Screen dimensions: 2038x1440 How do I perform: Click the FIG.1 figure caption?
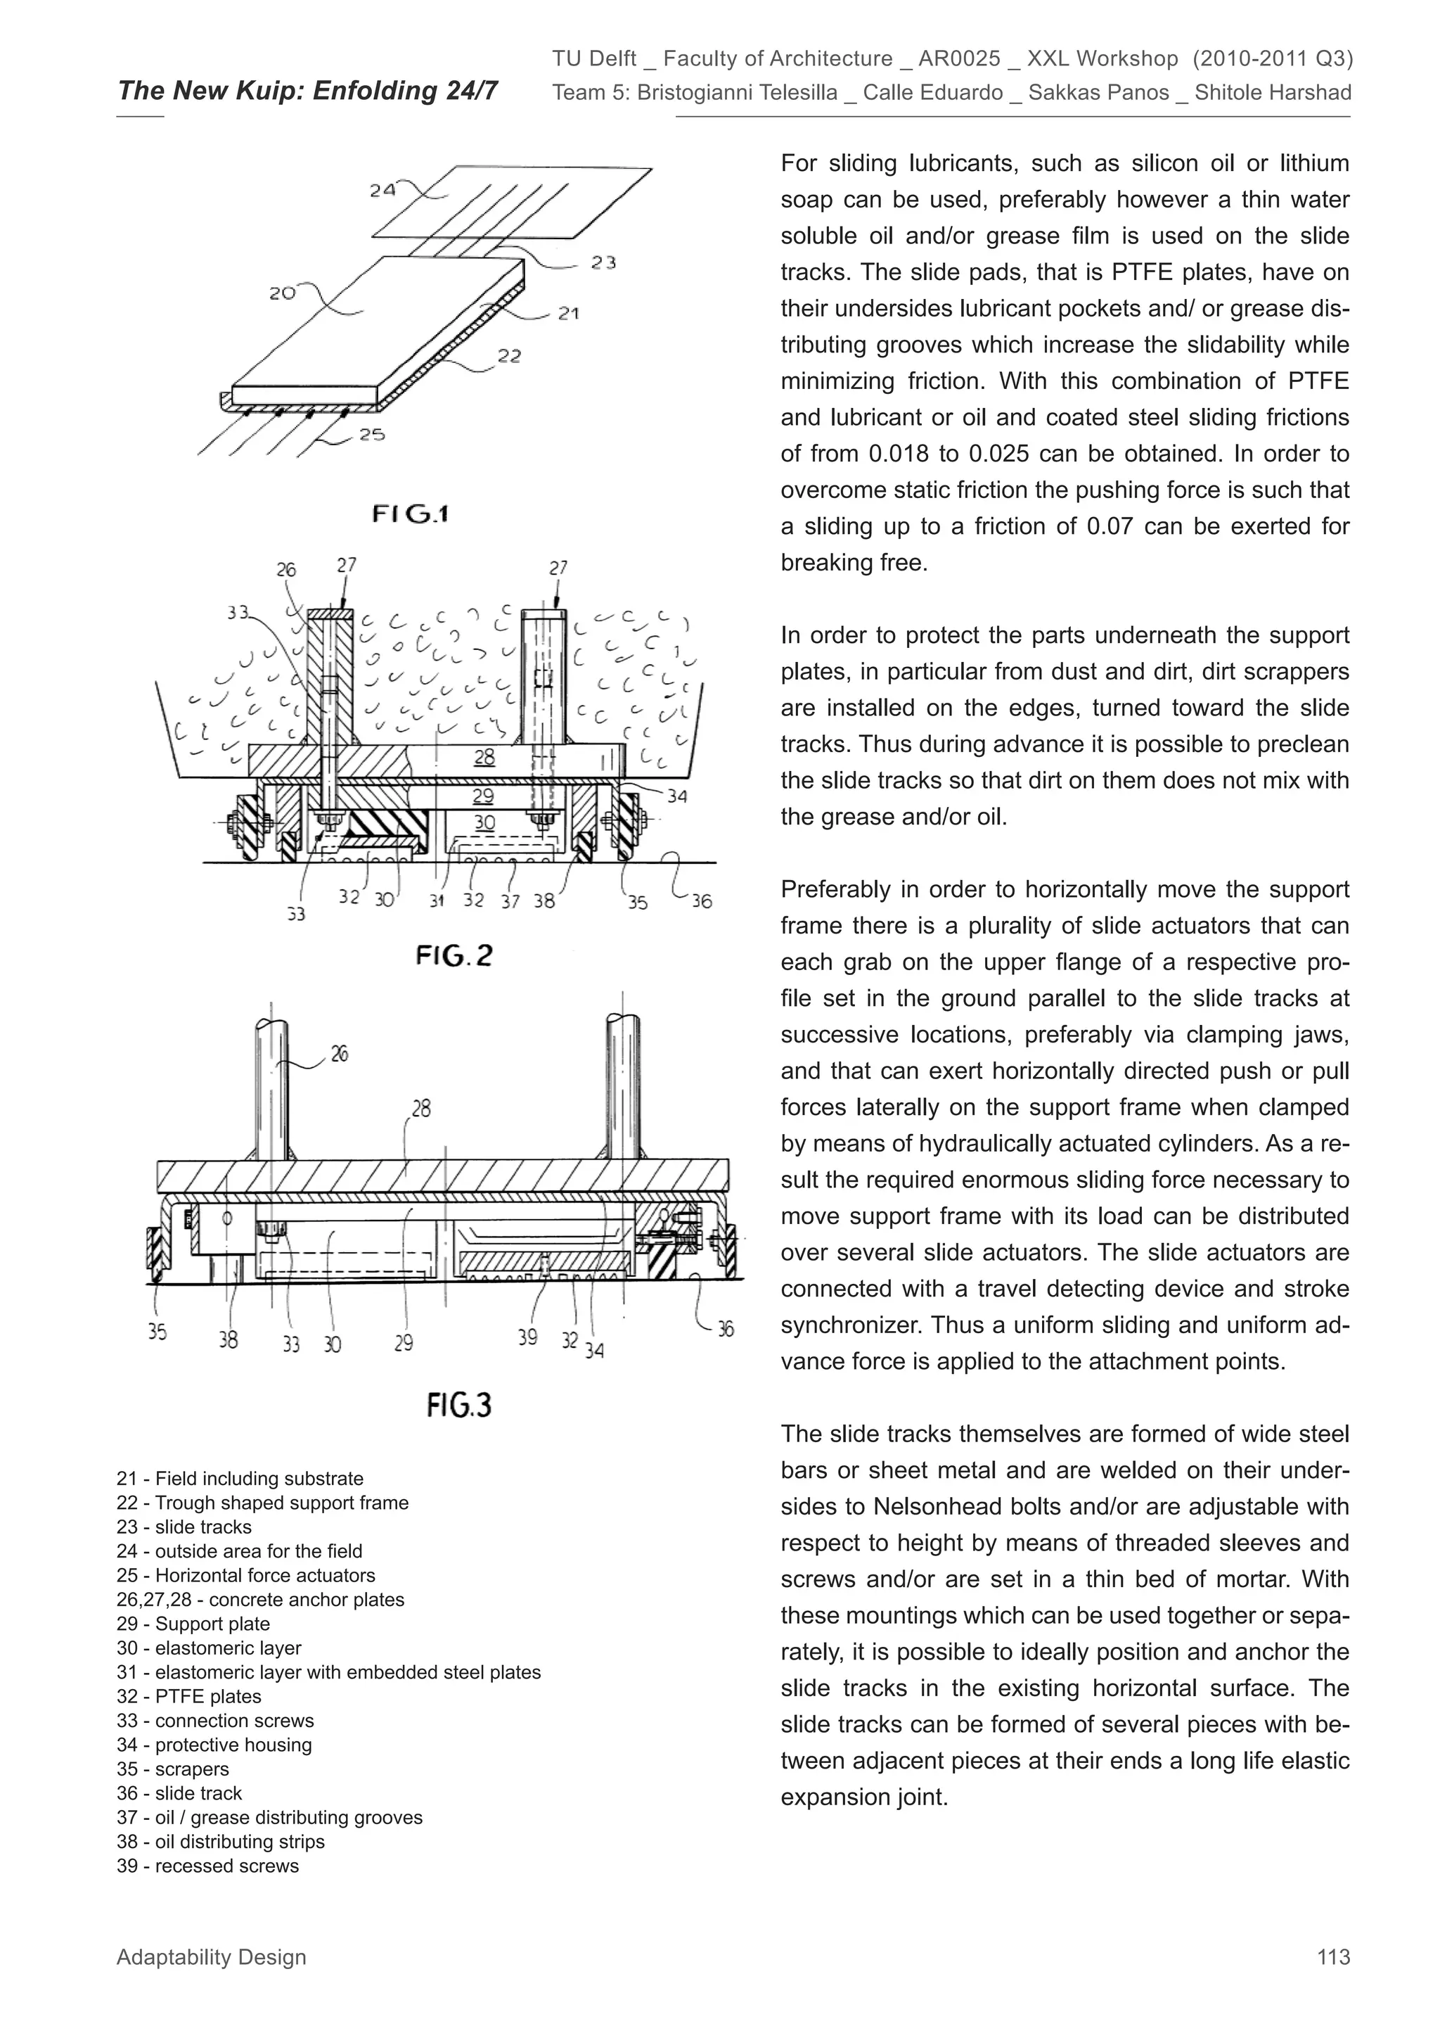tap(410, 514)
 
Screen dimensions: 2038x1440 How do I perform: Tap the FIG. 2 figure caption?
tap(454, 956)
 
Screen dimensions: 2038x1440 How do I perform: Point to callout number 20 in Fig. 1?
tap(282, 293)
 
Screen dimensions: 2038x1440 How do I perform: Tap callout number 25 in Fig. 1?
tap(372, 435)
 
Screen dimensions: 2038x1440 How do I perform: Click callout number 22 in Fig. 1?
tap(508, 356)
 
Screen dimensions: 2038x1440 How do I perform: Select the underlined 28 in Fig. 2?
tap(484, 757)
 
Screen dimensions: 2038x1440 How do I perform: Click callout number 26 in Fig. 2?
tap(285, 570)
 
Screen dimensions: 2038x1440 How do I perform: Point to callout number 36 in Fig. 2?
tap(702, 902)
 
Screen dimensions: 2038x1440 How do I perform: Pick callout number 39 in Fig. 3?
tap(528, 1337)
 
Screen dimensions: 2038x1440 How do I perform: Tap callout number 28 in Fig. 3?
tap(421, 1109)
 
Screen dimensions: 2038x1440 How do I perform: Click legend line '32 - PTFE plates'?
tap(189, 1696)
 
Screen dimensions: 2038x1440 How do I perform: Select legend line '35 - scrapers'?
tap(173, 1769)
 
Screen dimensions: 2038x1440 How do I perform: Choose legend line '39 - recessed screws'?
tap(207, 1866)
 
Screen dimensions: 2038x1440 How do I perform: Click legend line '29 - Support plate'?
tap(193, 1624)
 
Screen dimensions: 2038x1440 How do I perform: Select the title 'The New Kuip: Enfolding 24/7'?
tap(307, 91)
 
